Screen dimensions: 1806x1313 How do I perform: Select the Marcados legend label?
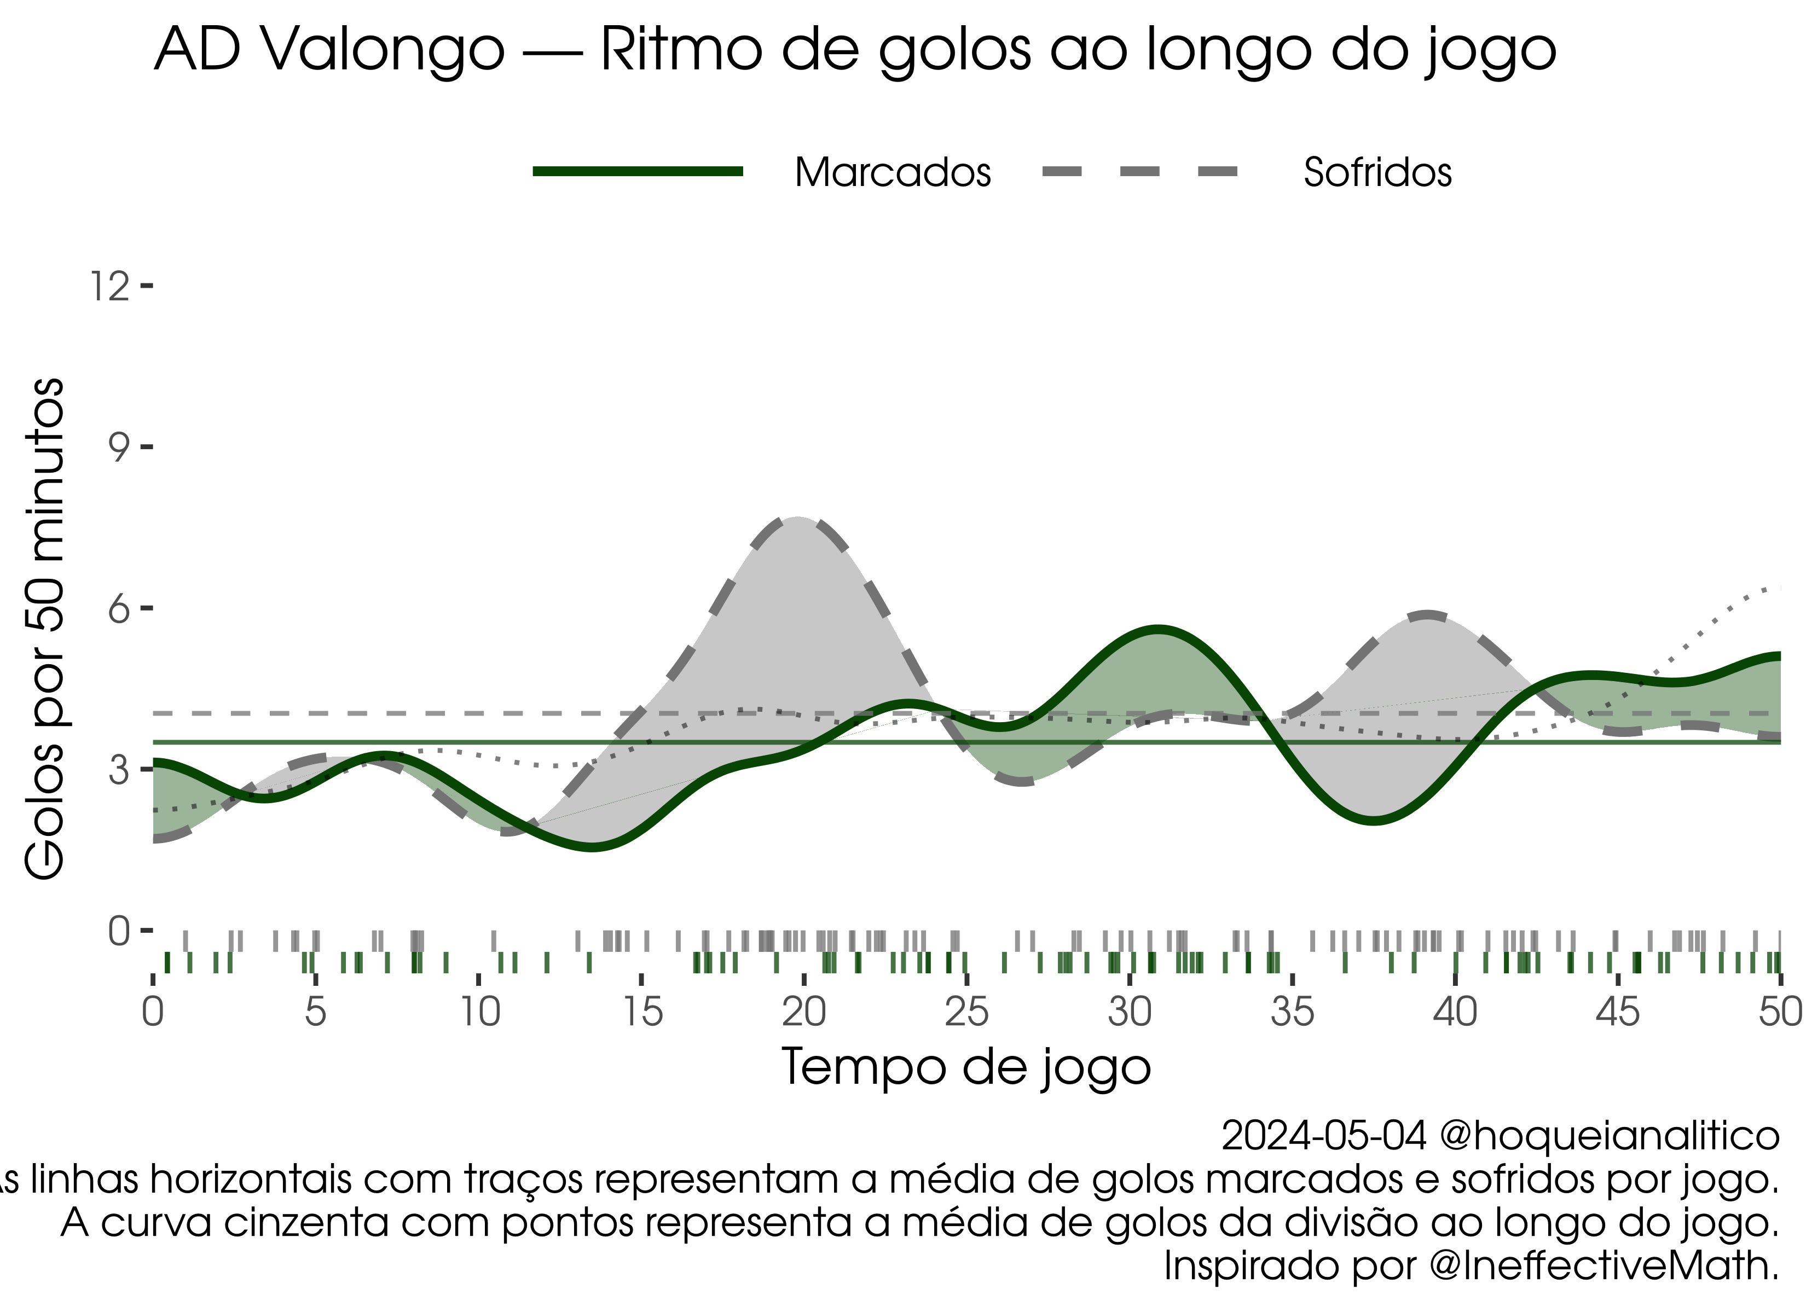pos(893,172)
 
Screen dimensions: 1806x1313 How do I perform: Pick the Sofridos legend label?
pos(1377,172)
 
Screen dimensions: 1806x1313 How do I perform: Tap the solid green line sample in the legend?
pos(638,171)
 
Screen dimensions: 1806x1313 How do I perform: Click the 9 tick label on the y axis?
pos(119,448)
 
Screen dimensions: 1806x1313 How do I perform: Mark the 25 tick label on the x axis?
pos(966,1013)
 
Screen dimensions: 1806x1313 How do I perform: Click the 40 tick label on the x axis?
pos(1455,1013)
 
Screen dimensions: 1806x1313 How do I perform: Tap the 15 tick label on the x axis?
pos(642,1013)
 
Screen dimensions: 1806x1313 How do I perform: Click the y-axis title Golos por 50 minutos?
pos(44,629)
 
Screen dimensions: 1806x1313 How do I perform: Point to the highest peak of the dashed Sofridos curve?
pos(798,519)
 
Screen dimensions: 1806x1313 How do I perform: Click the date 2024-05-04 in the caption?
pos(1323,1136)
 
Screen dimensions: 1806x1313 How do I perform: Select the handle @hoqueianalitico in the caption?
pos(1610,1136)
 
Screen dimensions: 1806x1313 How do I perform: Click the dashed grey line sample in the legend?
pos(1141,171)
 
